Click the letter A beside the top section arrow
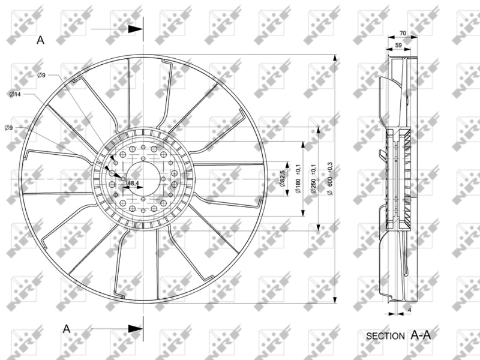point(41,40)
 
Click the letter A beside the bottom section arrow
point(67,328)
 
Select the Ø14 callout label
point(16,94)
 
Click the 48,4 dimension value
point(133,183)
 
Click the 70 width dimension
point(403,34)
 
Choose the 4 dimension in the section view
point(409,310)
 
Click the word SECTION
point(385,337)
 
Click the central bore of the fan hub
point(143,179)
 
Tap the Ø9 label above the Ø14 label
point(41,75)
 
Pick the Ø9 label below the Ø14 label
point(8,127)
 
